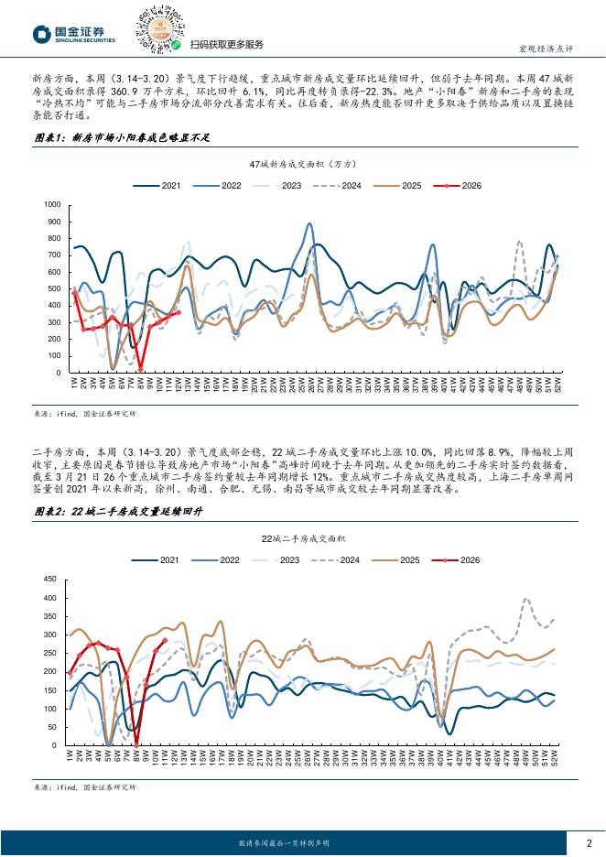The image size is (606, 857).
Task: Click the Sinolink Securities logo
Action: [73, 33]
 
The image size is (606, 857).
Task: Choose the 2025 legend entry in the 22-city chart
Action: [403, 559]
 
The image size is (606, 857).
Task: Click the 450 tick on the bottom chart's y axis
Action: [51, 579]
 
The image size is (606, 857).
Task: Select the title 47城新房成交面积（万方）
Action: [302, 163]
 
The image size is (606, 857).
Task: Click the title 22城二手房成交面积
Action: [302, 538]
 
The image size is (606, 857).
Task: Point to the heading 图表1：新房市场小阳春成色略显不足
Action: [109, 137]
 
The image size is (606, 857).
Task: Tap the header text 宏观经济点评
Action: [571, 49]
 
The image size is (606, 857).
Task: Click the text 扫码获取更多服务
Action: [226, 44]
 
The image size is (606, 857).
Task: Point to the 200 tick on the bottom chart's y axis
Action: [51, 671]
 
